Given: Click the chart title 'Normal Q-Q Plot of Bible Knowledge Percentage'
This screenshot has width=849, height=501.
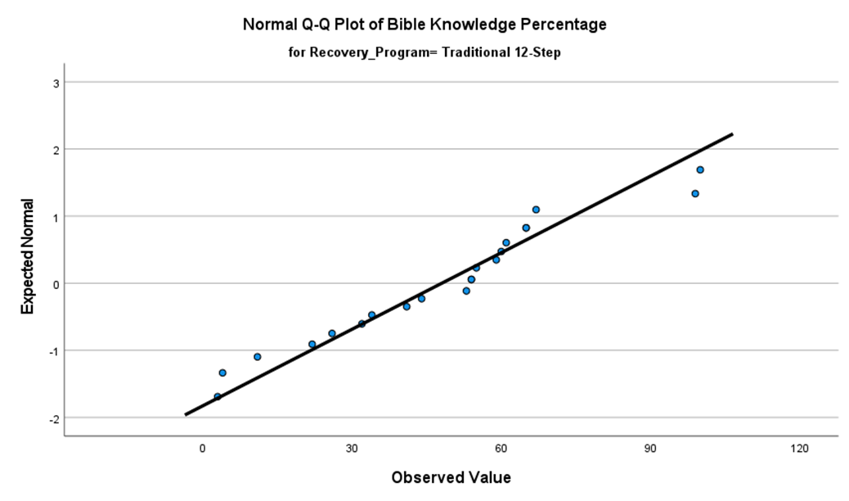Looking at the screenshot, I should pyautogui.click(x=424, y=25).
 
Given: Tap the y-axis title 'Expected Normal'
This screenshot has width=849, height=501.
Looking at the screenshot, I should pyautogui.click(x=28, y=256).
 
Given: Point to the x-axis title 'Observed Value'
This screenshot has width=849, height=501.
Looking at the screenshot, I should pyautogui.click(x=451, y=477).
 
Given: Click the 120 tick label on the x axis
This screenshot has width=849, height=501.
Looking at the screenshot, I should pyautogui.click(x=800, y=449).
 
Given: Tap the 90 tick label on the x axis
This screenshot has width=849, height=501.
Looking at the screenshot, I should pyautogui.click(x=650, y=449).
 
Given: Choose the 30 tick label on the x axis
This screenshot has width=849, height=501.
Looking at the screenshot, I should pyautogui.click(x=352, y=449).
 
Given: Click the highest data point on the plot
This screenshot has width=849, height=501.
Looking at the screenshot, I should pyautogui.click(x=700, y=170).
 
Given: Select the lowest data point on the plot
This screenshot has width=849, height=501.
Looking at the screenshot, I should pyautogui.click(x=218, y=397).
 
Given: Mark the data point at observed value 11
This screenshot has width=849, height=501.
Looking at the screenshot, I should pyautogui.click(x=258, y=357).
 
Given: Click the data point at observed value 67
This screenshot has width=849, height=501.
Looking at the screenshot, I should pyautogui.click(x=537, y=210).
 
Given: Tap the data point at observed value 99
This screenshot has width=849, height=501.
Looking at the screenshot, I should pyautogui.click(x=695, y=194).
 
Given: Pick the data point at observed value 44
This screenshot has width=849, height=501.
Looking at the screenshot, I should pyautogui.click(x=422, y=299).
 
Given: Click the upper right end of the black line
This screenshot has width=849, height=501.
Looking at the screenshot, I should pyautogui.click(x=732, y=133).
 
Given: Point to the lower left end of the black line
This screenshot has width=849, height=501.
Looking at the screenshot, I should pyautogui.click(x=186, y=415).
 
